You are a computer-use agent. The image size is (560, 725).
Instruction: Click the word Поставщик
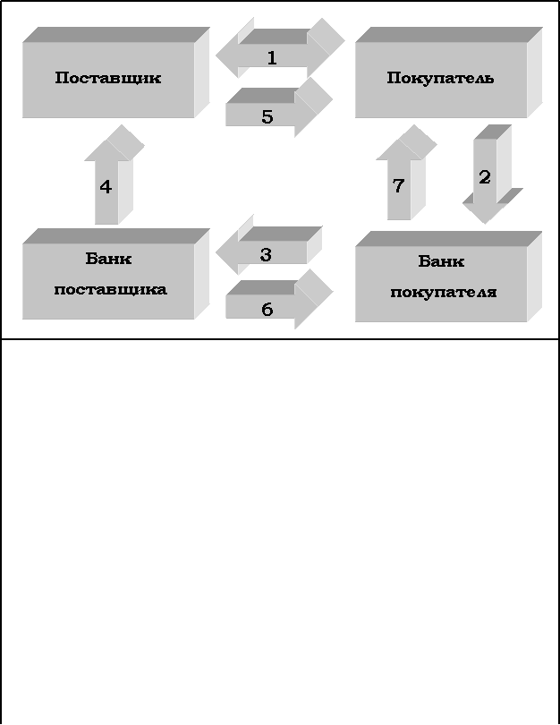pos(108,78)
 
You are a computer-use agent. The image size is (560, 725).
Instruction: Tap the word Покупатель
pos(440,79)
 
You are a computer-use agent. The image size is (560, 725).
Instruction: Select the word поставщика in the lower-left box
pos(110,290)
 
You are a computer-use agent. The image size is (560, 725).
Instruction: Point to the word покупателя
pos(444,293)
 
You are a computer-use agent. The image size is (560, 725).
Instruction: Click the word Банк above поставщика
pos(108,260)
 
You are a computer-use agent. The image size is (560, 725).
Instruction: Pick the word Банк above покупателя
pos(441,262)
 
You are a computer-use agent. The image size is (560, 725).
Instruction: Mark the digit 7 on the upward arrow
pos(399,186)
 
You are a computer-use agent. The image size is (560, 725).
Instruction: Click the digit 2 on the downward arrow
pos(485,177)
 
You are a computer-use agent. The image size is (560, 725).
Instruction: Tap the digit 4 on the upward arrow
pos(106,187)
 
